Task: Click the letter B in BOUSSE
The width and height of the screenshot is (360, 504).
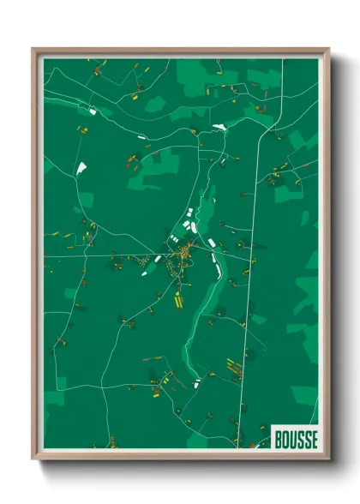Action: click(279, 439)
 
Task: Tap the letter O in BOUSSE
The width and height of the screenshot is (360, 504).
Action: click(285, 439)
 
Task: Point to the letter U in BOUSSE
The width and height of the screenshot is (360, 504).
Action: click(292, 439)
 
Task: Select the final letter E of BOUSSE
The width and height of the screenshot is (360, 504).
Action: click(314, 439)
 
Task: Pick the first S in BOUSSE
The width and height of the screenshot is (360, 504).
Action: click(300, 439)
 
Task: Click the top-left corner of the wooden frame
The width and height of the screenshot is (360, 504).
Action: click(33, 49)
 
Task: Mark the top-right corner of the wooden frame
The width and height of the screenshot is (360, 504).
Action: click(329, 49)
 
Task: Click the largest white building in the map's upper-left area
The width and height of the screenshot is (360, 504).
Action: click(82, 169)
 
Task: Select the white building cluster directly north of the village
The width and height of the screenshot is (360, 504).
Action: click(189, 227)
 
